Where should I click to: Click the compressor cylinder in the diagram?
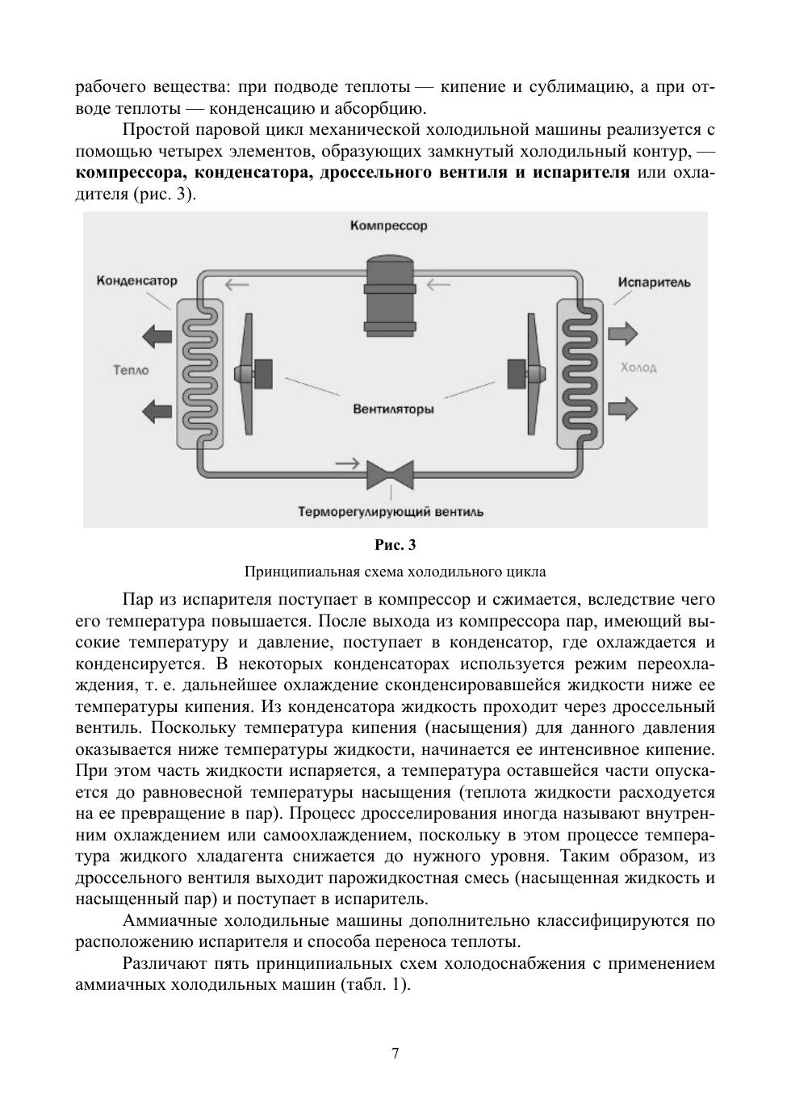coord(390,295)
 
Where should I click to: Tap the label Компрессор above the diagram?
coord(389,226)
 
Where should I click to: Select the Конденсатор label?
coord(136,281)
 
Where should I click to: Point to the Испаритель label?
coord(655,283)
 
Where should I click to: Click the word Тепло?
coord(132,370)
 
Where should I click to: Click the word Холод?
coord(638,367)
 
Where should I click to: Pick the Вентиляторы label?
coord(393,409)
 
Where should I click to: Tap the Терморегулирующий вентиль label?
coord(391,512)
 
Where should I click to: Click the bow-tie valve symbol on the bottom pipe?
coord(390,474)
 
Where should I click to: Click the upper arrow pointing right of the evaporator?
coord(623,333)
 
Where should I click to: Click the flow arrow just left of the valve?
coord(348,463)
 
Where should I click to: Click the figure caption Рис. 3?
coord(395,546)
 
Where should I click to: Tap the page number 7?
coord(395,1054)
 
